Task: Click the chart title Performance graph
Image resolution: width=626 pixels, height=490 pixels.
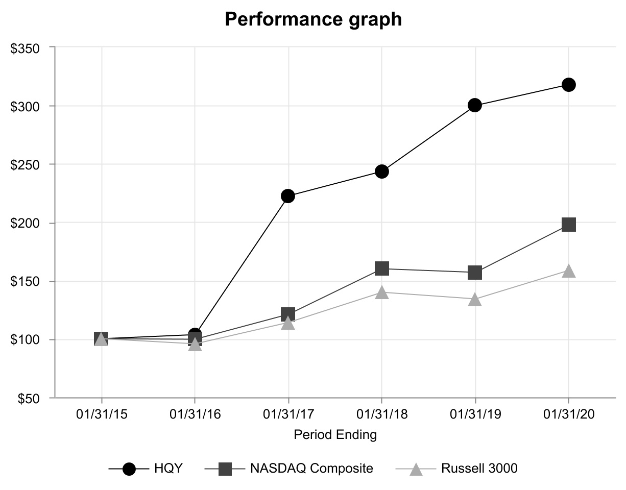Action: [313, 19]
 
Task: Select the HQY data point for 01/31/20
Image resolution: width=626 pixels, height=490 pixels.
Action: [568, 85]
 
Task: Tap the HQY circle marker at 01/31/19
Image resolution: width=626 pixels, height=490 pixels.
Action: [475, 105]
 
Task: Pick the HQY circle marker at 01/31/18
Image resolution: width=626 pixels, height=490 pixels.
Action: [382, 171]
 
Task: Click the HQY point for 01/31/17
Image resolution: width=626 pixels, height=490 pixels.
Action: [288, 196]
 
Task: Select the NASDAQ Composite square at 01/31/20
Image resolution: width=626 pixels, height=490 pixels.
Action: [569, 225]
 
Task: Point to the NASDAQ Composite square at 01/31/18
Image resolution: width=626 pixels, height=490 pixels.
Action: [382, 268]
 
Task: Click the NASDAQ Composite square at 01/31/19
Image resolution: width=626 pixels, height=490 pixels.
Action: [475, 273]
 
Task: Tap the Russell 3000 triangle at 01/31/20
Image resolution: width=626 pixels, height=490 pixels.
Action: [568, 271]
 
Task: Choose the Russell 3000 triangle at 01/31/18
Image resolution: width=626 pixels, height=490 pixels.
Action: [382, 292]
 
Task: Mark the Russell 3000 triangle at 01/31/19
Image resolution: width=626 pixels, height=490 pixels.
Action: [475, 300]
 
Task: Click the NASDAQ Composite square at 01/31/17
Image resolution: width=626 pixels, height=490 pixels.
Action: [288, 314]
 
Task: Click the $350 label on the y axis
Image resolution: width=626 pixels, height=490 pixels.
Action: [25, 48]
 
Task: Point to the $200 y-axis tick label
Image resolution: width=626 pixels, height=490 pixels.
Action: [25, 223]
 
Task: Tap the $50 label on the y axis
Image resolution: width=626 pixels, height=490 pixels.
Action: [29, 399]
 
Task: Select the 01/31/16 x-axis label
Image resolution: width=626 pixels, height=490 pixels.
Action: [195, 414]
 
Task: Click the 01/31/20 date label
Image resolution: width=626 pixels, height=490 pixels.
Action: [569, 414]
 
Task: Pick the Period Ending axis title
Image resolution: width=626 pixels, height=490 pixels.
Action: [335, 434]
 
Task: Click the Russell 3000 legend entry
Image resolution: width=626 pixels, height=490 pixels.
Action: [456, 469]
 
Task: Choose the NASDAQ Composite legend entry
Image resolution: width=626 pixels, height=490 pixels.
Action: [289, 469]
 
